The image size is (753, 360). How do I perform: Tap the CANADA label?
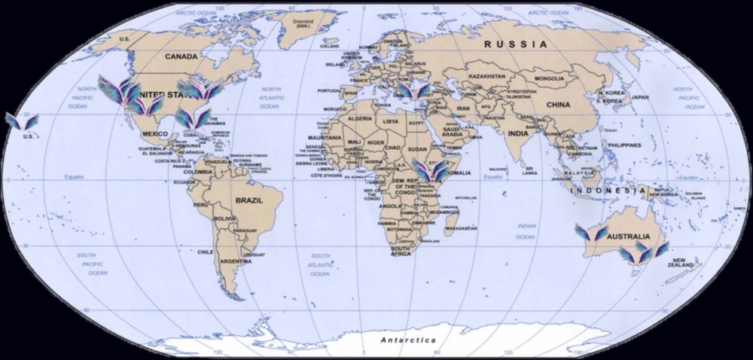pyautogui.click(x=182, y=56)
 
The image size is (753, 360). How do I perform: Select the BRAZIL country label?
pyautogui.click(x=248, y=201)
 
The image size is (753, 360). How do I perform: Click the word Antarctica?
pyautogui.click(x=409, y=340)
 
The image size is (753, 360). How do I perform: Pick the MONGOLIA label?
pyautogui.click(x=550, y=78)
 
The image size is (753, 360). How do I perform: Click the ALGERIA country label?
pyautogui.click(x=359, y=120)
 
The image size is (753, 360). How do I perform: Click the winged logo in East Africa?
pyautogui.click(x=429, y=171)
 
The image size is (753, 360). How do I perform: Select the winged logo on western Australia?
pyautogui.click(x=591, y=232)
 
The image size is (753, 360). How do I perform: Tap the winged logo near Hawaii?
pyautogui.click(x=17, y=121)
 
